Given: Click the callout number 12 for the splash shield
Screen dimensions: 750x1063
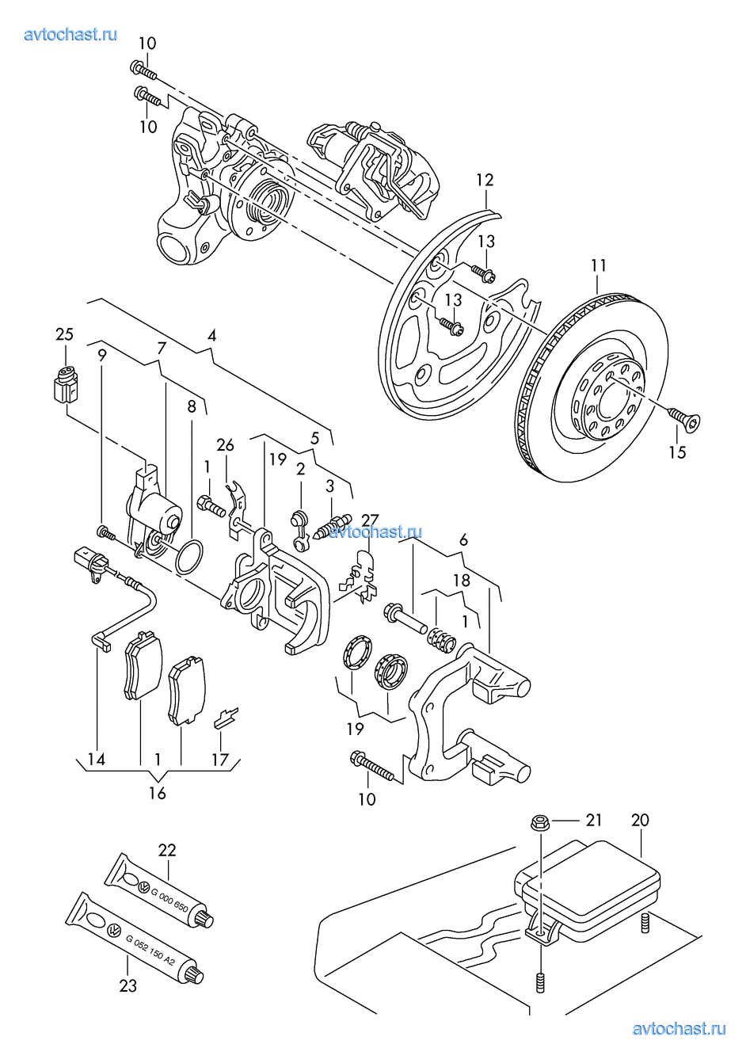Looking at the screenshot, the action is point(485,180).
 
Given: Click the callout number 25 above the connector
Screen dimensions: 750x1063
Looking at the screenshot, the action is point(64,334).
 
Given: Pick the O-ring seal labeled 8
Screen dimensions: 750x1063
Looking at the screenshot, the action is point(189,556).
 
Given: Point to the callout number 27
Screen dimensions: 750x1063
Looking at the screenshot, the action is point(371,520).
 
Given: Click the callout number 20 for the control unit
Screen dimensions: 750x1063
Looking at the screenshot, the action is point(640,820).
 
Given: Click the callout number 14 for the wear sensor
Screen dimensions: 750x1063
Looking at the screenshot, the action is point(97,760).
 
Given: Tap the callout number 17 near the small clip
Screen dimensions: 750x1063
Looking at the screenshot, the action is point(220,760).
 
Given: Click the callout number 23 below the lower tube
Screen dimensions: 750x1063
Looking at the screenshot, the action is point(128,986).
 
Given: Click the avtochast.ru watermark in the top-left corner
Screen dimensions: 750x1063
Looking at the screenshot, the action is point(70,35).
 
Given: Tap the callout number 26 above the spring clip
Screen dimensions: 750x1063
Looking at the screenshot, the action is point(226,445).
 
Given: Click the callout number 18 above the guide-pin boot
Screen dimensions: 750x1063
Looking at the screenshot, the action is point(461,581).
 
